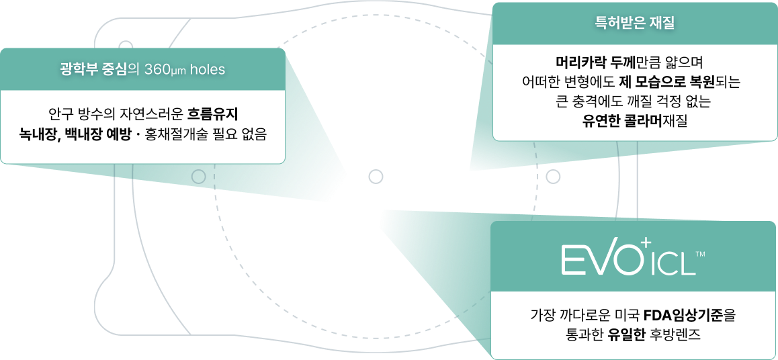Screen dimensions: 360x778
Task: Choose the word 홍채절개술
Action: click(x=173, y=133)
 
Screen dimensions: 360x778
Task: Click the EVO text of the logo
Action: click(x=599, y=260)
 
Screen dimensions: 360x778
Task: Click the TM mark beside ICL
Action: click(x=700, y=255)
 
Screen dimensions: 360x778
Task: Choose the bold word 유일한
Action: click(x=627, y=334)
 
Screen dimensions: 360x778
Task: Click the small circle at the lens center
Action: click(x=376, y=177)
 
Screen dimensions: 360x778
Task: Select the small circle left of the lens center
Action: click(x=199, y=177)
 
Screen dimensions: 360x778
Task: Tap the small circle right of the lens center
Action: click(x=554, y=177)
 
